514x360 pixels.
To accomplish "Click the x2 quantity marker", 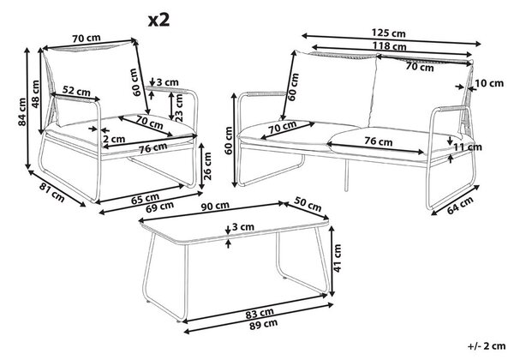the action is (x=159, y=21).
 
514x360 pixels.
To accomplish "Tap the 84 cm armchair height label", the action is (x=22, y=111).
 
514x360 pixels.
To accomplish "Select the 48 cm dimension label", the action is (x=35, y=93).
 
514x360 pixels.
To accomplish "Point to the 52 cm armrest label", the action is (x=76, y=91).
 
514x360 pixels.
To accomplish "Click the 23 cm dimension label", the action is (x=179, y=108).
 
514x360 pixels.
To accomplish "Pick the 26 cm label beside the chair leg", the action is (x=207, y=166).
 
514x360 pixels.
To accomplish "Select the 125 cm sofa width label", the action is (x=388, y=33).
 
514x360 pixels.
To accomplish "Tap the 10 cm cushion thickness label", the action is (x=489, y=83).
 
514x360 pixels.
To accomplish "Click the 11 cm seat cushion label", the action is (x=468, y=147).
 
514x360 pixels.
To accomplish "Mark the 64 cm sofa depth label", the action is (x=460, y=205).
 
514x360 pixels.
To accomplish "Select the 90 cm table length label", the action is (x=215, y=207).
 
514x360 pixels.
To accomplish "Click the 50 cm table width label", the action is (x=308, y=204).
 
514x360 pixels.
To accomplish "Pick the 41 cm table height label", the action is (x=338, y=258).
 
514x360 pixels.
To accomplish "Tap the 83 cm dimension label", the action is (x=260, y=314).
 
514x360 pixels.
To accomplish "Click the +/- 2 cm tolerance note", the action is (x=487, y=346).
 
